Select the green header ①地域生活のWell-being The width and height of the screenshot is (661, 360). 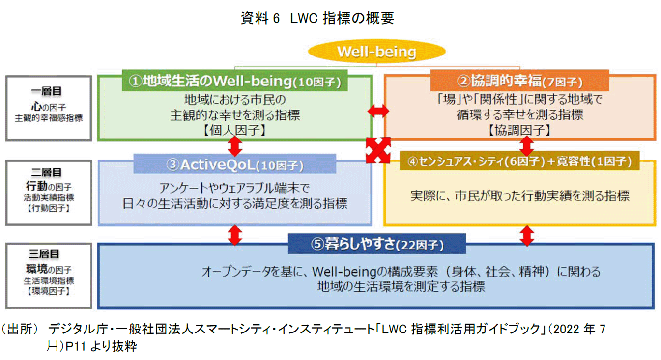234,81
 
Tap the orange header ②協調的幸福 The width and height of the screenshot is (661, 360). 519,81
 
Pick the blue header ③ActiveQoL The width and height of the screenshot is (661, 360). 235,164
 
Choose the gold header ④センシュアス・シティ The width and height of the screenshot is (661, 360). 519,161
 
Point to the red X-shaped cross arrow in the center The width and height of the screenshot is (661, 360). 378,149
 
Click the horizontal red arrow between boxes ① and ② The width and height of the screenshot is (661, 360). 378,112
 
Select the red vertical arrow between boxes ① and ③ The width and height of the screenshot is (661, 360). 235,146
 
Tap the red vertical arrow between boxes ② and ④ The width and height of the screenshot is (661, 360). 526,146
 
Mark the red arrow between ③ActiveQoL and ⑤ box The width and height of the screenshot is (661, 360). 235,235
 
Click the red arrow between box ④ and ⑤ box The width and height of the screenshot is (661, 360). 526,235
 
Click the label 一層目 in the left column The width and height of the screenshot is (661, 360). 48,91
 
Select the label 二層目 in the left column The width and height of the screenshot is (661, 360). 48,172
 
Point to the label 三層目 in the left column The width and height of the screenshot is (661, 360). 48,254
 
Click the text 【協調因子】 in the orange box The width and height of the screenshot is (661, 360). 519,130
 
